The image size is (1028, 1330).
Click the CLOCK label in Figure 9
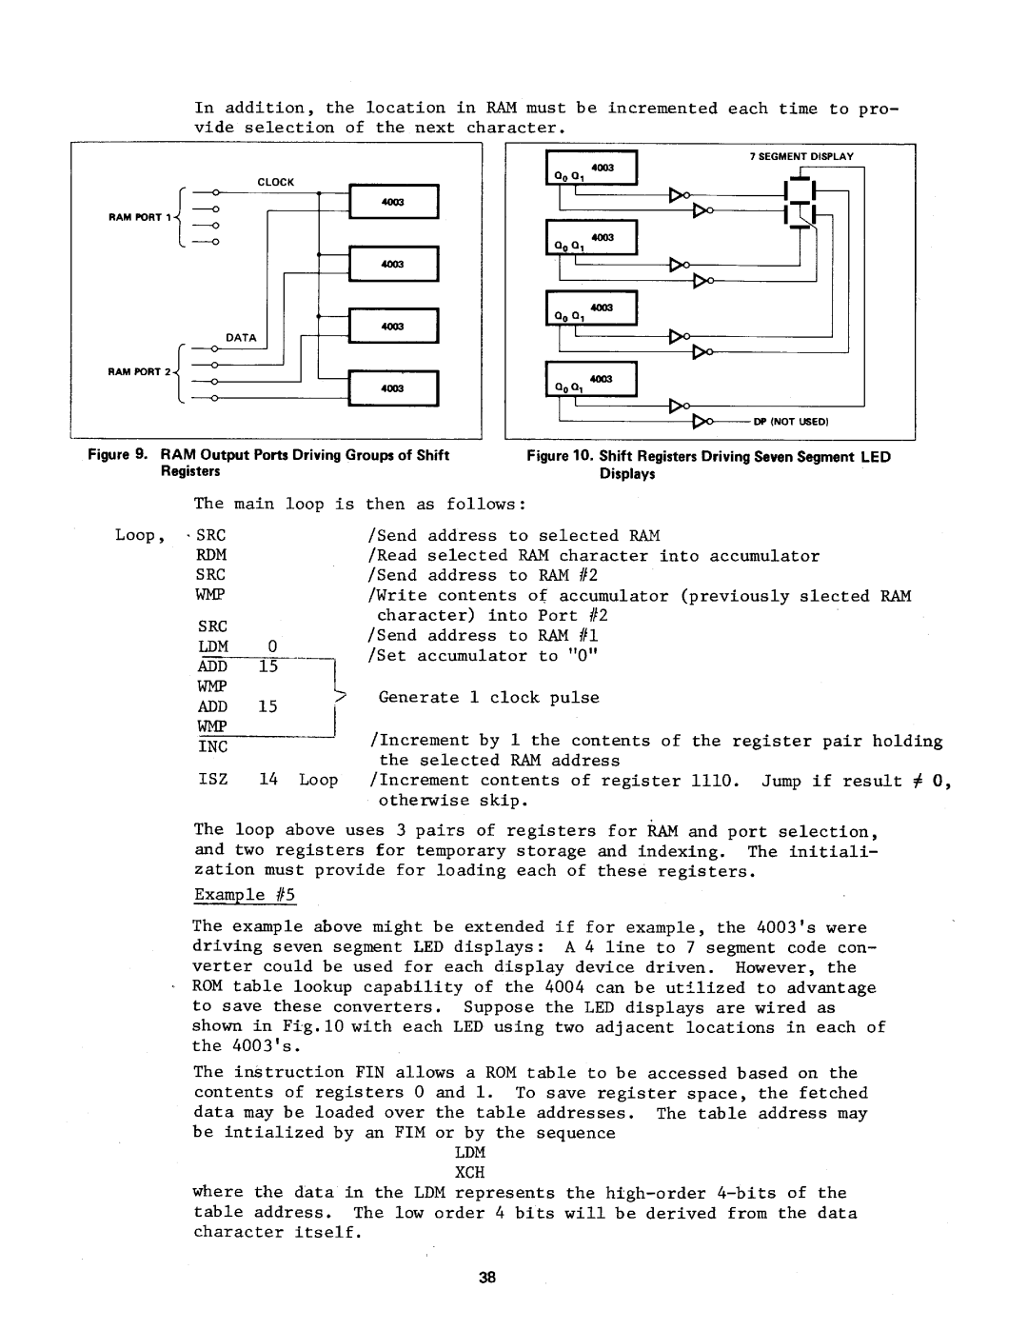[276, 182]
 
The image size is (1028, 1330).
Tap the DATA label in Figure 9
[241, 338]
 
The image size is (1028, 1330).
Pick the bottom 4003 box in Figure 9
[393, 388]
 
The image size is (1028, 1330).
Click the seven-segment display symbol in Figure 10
[802, 204]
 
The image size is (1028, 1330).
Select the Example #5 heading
[245, 895]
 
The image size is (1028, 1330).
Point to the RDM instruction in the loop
[211, 555]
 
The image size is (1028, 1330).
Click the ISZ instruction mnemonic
[212, 780]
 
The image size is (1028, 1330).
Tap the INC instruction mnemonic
[212, 747]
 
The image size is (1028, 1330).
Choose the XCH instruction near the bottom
[469, 1172]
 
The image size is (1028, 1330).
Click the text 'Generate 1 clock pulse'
[488, 698]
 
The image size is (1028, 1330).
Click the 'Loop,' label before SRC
[135, 535]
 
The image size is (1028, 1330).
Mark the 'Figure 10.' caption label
[560, 457]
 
